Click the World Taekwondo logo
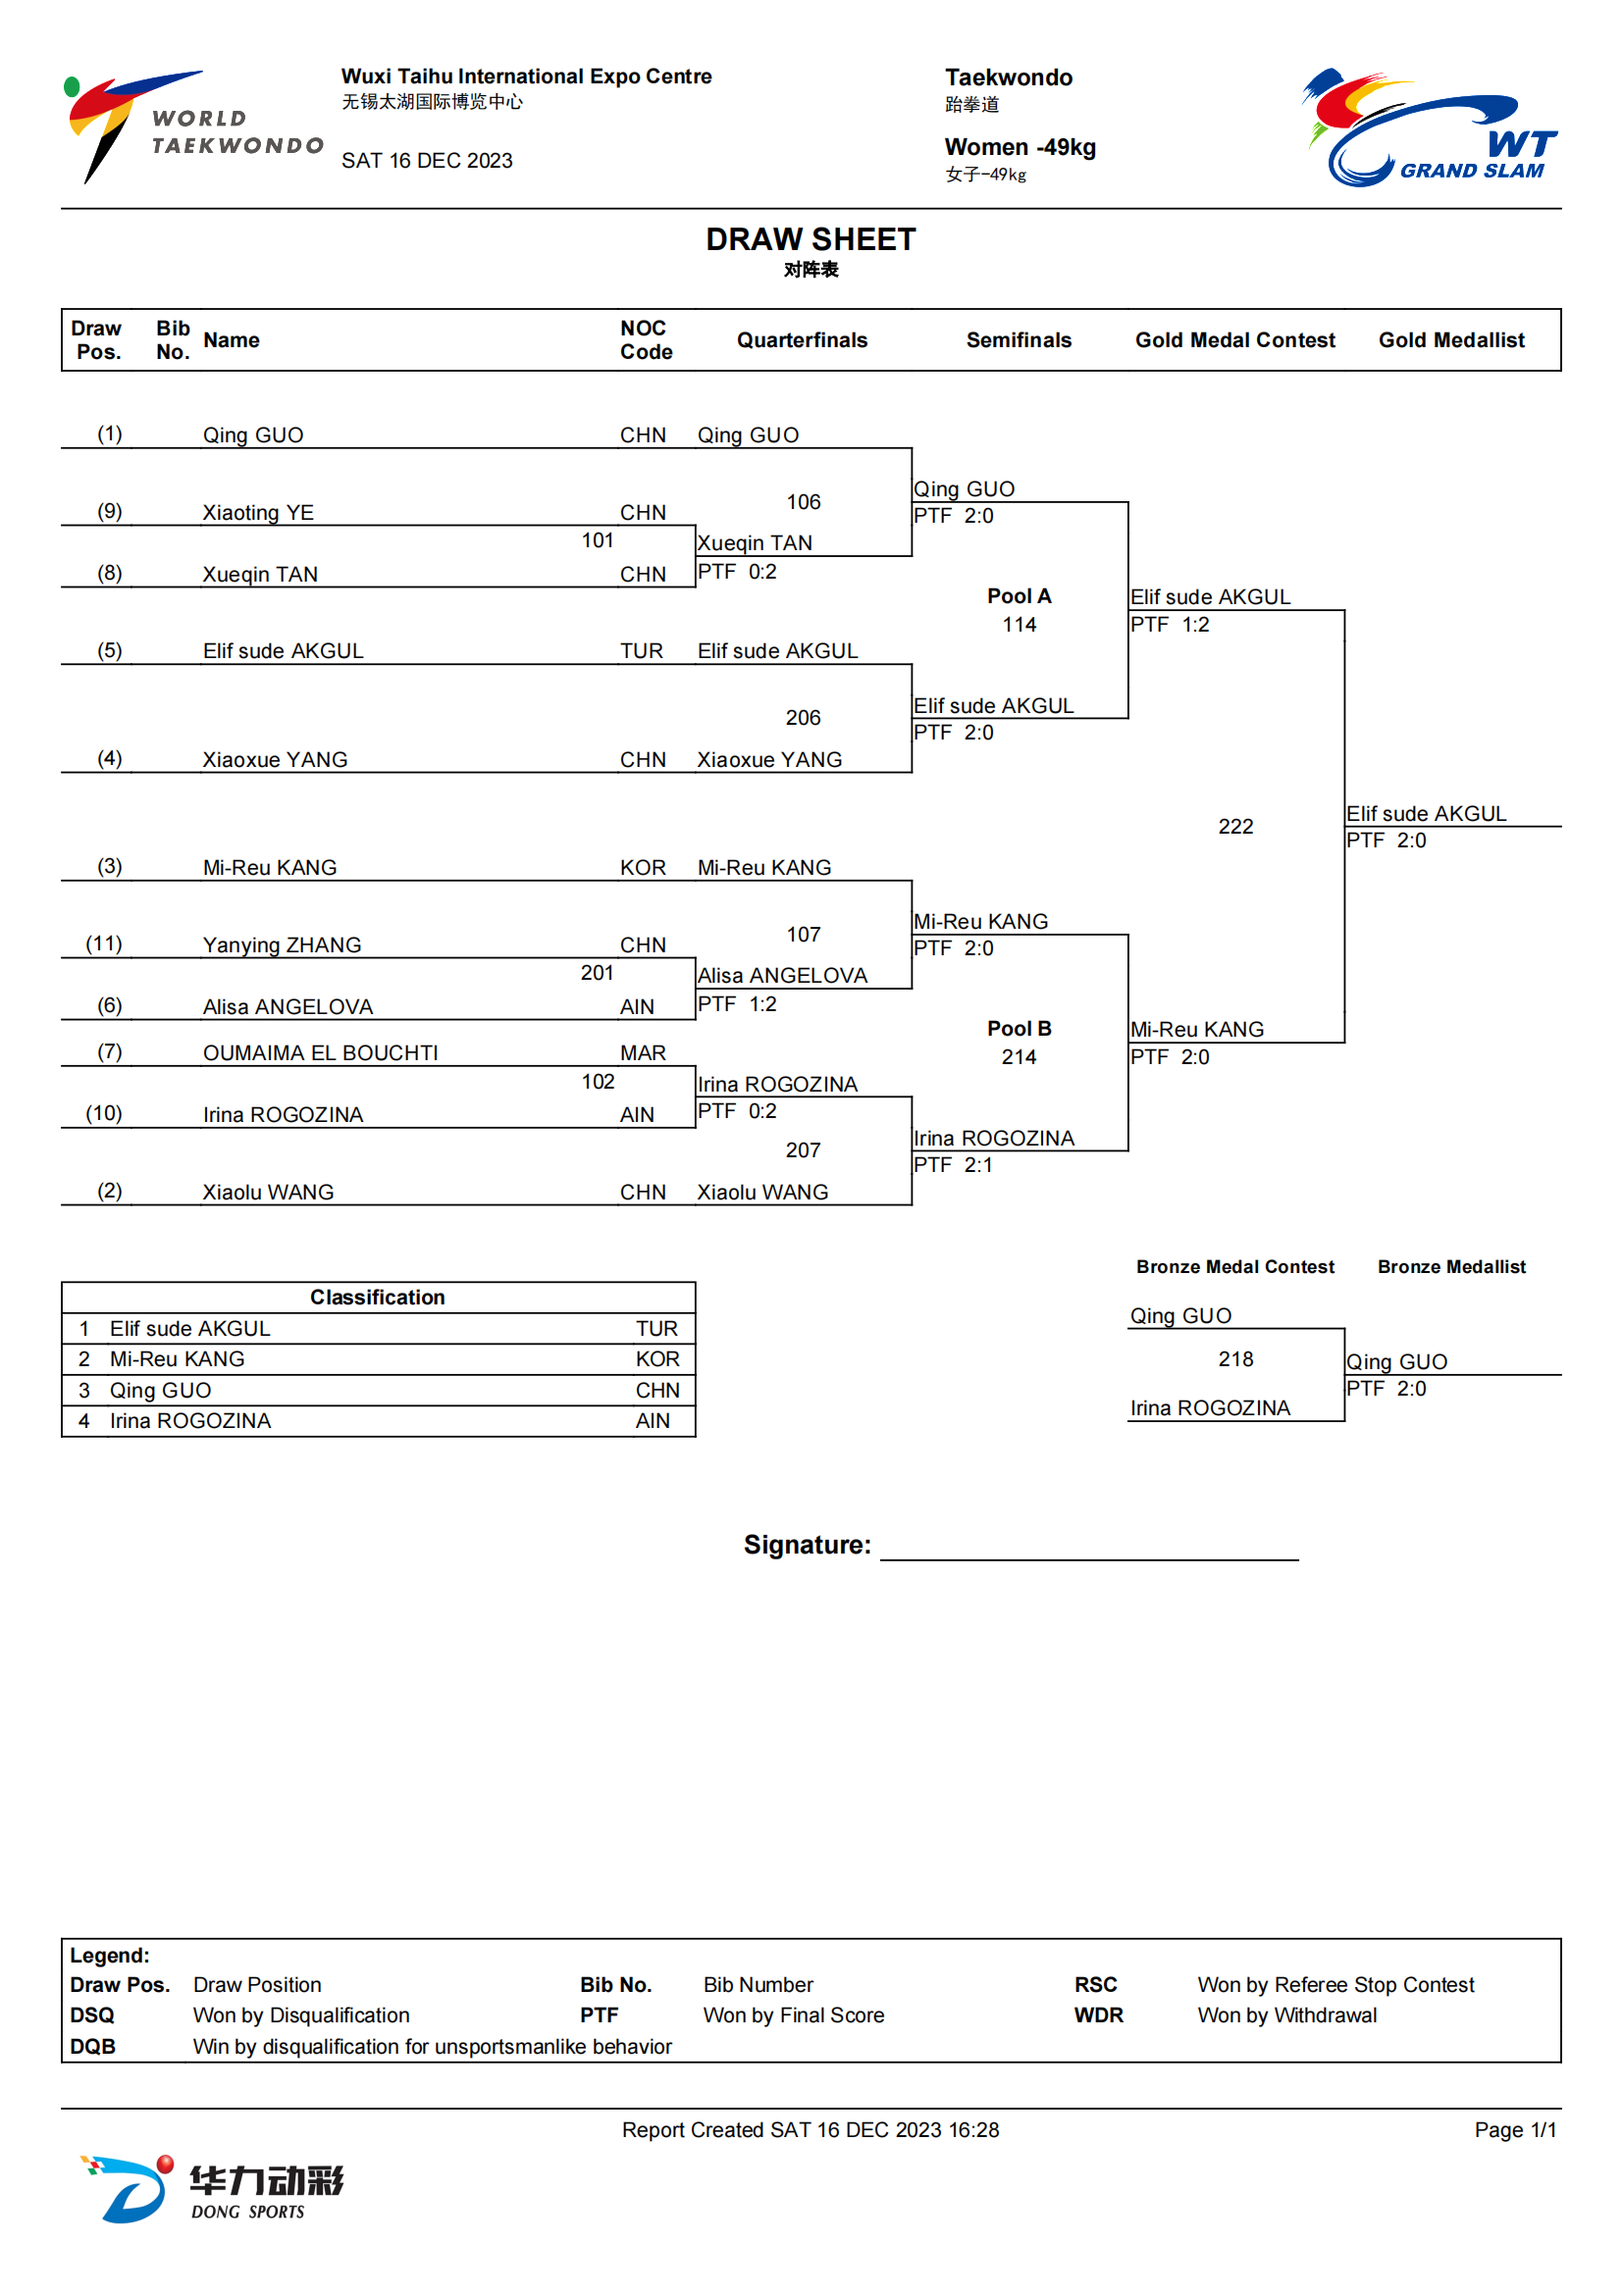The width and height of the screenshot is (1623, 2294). (x=193, y=127)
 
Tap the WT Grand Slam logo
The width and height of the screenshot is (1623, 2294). (x=1429, y=127)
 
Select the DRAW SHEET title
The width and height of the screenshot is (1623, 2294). (x=811, y=239)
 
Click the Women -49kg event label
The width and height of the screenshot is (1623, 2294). (x=1021, y=147)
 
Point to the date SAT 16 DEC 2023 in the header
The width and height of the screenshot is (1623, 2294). (x=427, y=161)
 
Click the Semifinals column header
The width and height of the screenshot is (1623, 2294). (x=1019, y=339)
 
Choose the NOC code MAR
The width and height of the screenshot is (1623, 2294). (x=643, y=1053)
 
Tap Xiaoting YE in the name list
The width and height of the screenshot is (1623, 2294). (x=258, y=513)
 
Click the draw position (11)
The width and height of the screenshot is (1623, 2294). (x=104, y=944)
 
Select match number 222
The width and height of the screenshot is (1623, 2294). (x=1235, y=826)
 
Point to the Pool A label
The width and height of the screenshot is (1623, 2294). (x=1019, y=596)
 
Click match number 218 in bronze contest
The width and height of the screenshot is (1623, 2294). (x=1235, y=1358)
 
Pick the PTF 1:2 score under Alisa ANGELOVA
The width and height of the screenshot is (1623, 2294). (x=737, y=1004)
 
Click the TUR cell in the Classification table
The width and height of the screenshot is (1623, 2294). (x=656, y=1329)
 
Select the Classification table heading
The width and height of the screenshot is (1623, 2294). (x=377, y=1297)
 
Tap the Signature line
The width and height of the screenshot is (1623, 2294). (x=1089, y=1559)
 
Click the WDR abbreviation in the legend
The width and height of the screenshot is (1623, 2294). (x=1098, y=2015)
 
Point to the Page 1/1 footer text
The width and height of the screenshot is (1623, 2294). (x=1515, y=2130)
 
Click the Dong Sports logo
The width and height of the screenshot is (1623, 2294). (x=212, y=2189)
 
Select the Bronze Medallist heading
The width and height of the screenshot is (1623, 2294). (x=1451, y=1267)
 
